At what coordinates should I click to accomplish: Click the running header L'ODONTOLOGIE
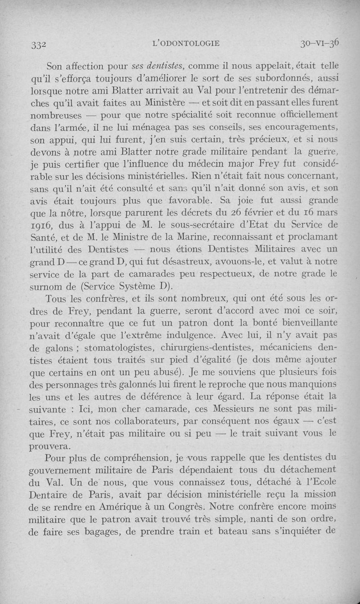[186, 43]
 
